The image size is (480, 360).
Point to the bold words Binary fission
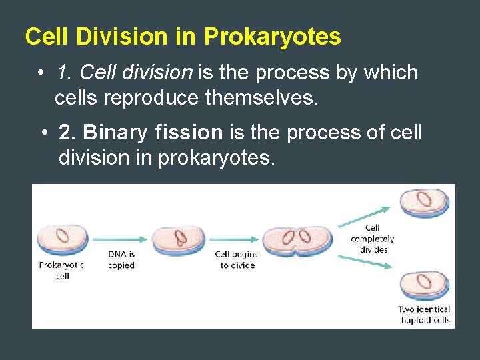pos(140,133)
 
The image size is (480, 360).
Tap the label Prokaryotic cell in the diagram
pos(62,270)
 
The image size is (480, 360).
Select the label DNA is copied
pos(121,259)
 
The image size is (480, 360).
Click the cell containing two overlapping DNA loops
pos(178,239)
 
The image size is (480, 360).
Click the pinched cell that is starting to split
pos(297,239)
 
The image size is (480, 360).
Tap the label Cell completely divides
pos(372,239)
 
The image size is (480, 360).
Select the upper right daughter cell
pos(424,202)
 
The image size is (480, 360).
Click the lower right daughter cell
pos(424,285)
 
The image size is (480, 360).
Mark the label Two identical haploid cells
pos(424,314)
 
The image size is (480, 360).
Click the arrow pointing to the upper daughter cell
pos(367,213)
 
